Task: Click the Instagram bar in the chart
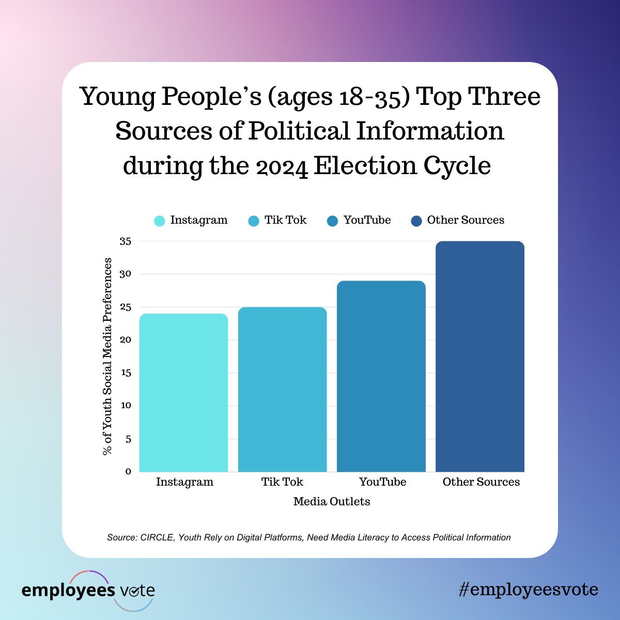[183, 393]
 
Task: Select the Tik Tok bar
[282, 390]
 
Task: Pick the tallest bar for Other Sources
[480, 357]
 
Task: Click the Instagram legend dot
[160, 221]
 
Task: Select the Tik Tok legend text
[285, 220]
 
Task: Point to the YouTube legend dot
[333, 221]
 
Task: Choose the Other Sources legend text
[466, 220]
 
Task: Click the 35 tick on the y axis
[126, 241]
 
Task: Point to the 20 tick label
[126, 340]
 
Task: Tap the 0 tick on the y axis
[128, 471]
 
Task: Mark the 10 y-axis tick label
[126, 406]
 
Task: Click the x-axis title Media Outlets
[332, 502]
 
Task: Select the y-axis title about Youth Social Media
[107, 357]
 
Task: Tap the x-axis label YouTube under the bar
[382, 482]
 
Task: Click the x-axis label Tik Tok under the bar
[282, 482]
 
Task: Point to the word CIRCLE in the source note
[158, 537]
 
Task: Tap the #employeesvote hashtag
[528, 590]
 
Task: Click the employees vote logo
[88, 591]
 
